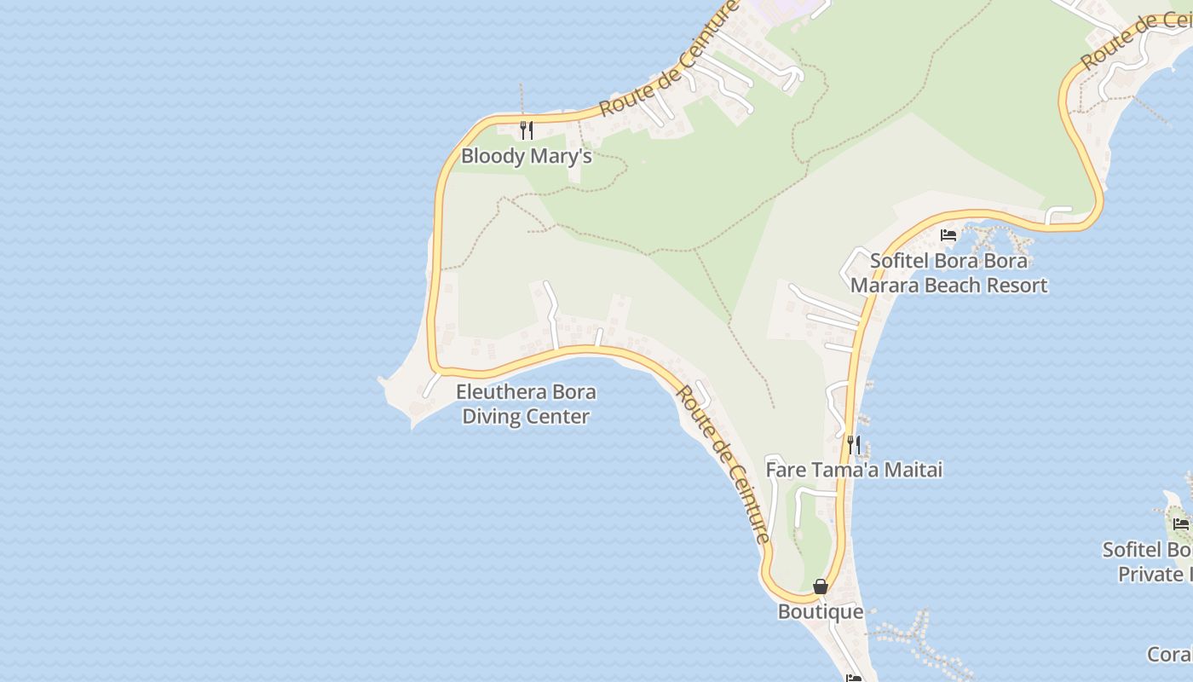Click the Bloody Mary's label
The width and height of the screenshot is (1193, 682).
tap(526, 157)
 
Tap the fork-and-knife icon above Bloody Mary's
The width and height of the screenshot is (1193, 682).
tap(527, 130)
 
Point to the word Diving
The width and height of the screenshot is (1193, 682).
tap(499, 417)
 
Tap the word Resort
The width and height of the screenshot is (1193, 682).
tap(1014, 286)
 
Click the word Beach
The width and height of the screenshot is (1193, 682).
tap(950, 286)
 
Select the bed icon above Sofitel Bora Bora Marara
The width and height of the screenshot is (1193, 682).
tap(948, 235)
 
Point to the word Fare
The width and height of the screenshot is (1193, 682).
tap(783, 470)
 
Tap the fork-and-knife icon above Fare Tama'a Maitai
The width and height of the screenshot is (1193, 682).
tap(854, 444)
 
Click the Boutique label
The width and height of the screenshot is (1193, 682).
tap(820, 612)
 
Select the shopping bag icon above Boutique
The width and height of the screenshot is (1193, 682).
tap(820, 587)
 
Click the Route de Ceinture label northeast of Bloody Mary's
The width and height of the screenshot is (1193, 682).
tap(669, 59)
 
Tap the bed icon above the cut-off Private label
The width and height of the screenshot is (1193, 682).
tap(1180, 523)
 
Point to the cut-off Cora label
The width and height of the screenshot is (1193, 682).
tap(1169, 654)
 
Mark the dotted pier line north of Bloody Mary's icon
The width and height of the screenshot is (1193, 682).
tap(522, 98)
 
